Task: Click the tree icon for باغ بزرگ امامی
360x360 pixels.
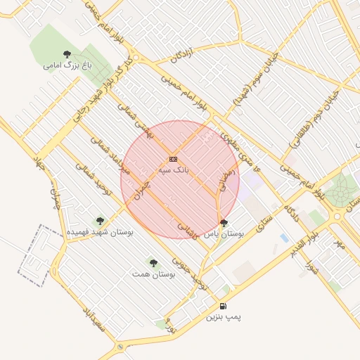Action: [x=67, y=54]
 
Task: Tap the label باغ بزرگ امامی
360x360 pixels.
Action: [x=67, y=65]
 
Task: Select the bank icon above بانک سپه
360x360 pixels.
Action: [x=174, y=160]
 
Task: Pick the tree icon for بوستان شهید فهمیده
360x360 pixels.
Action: [x=99, y=220]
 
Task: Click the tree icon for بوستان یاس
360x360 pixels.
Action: [x=224, y=223]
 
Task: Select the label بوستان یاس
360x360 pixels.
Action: [x=224, y=234]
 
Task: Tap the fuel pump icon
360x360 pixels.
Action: [x=223, y=306]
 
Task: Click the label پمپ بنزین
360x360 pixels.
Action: [x=223, y=317]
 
